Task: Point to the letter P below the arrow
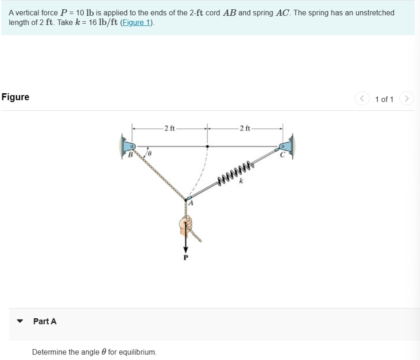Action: point(186,257)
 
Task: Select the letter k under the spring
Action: point(241,181)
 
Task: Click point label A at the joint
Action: point(191,203)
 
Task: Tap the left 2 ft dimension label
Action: point(170,128)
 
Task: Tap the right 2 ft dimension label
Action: point(245,128)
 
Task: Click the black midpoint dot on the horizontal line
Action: point(207,146)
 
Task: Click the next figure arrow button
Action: point(407,99)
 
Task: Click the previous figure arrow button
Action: point(362,99)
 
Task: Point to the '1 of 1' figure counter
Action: point(384,99)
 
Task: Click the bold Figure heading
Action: point(15,97)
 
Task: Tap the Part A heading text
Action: point(45,321)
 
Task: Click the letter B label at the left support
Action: point(130,155)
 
